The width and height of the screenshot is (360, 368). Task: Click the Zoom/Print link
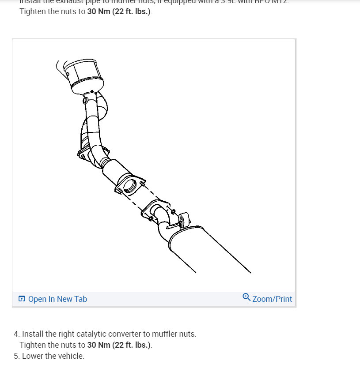(272, 299)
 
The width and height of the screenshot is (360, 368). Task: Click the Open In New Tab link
(57, 299)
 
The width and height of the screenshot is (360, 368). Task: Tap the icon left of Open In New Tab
(22, 299)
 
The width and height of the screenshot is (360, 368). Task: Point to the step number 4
(16, 334)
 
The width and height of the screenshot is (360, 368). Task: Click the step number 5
(16, 356)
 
